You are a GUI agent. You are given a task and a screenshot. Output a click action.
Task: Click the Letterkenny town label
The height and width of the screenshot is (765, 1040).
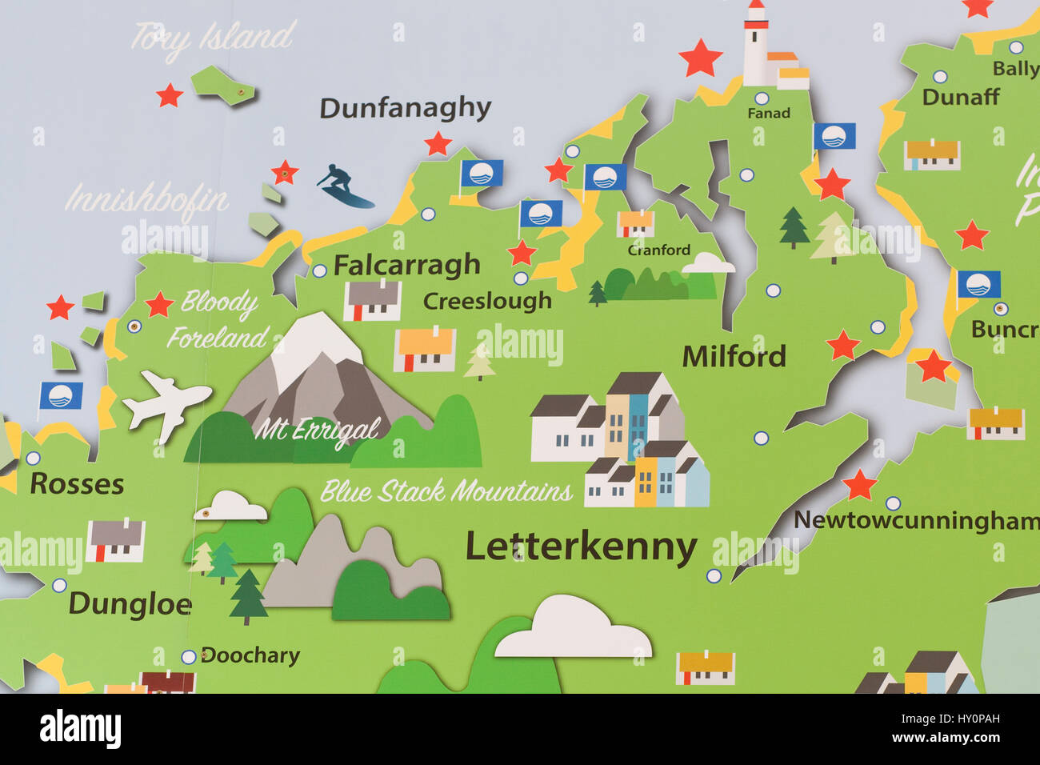581,548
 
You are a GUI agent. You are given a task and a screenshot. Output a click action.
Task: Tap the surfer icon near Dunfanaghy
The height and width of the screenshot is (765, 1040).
342,186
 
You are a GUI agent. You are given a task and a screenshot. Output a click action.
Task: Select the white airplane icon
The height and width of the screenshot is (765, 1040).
166,403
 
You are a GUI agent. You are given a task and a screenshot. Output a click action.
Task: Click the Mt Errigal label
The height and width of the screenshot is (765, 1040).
317,431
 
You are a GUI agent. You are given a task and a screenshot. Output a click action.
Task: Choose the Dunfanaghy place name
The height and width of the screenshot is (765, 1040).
405,109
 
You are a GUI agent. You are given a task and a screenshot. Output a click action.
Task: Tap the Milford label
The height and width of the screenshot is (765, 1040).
734,357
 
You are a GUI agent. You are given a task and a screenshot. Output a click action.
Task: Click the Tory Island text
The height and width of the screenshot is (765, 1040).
213,37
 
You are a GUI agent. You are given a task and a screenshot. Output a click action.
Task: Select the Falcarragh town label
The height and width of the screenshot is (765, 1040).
406,265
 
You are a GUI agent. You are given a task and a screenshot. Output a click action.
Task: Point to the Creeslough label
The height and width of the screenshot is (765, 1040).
487,301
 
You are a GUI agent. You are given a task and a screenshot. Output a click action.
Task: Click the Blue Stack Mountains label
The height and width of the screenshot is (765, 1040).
446,491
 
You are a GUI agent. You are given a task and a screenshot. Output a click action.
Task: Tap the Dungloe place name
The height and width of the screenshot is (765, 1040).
130,604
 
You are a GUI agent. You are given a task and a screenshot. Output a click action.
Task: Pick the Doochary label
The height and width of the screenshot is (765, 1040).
250,655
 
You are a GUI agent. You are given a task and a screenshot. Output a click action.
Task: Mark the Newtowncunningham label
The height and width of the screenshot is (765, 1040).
916,521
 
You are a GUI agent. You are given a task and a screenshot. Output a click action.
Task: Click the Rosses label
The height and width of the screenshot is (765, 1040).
77,484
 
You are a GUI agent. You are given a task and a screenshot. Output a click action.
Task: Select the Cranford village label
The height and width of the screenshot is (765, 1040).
658,250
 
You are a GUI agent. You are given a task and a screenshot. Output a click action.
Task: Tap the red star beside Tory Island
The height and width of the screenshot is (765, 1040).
170,95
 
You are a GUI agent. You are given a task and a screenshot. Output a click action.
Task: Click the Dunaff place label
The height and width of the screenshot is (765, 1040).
960,98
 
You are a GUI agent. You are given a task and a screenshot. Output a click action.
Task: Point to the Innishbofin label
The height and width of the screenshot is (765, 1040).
146,199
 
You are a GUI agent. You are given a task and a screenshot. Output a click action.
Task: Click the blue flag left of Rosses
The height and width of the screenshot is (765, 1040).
61,396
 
